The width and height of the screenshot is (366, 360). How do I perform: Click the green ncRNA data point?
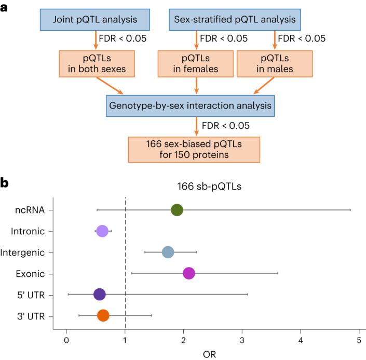177,210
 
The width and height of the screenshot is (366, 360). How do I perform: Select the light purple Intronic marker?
102,231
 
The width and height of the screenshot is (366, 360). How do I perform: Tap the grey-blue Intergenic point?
168,252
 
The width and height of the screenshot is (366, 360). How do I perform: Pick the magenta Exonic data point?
189,273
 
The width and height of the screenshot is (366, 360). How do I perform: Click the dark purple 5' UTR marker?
99,295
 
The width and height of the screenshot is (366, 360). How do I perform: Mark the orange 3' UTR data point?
103,315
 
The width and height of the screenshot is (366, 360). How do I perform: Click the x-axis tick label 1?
125,340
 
